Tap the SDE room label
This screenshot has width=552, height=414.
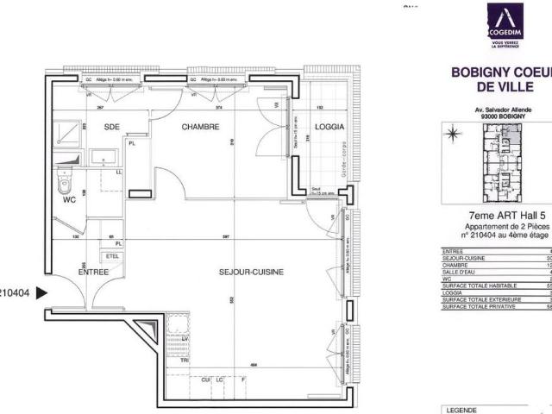click(x=111, y=127)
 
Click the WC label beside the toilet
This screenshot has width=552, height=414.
click(x=71, y=200)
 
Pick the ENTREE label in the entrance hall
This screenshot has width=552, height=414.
click(x=93, y=271)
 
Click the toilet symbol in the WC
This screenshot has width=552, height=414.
click(x=64, y=182)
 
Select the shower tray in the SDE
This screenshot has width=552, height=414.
click(x=65, y=132)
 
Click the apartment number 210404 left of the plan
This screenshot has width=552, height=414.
click(x=15, y=293)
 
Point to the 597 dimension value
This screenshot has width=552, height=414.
click(x=225, y=235)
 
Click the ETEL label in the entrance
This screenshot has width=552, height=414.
click(x=112, y=256)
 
